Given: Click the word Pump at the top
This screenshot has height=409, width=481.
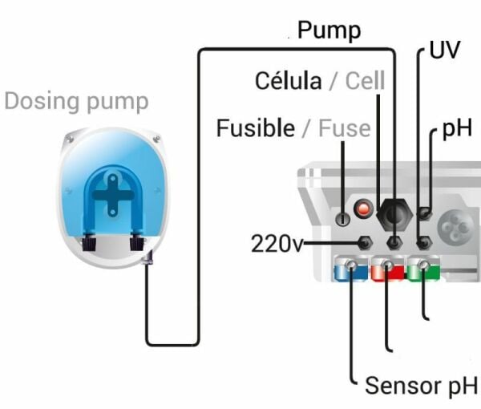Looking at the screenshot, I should (x=329, y=31).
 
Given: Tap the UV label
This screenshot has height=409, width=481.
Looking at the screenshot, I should (x=445, y=49).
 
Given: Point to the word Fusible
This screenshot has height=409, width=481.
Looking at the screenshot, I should (x=255, y=128).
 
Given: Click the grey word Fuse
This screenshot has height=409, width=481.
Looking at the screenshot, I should (x=345, y=128).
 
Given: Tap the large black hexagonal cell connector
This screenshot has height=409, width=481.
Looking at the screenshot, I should (x=394, y=210).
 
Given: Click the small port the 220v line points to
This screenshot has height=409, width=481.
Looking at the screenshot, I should (x=365, y=242).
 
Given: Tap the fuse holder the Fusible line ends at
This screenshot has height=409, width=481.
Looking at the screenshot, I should (x=343, y=217).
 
